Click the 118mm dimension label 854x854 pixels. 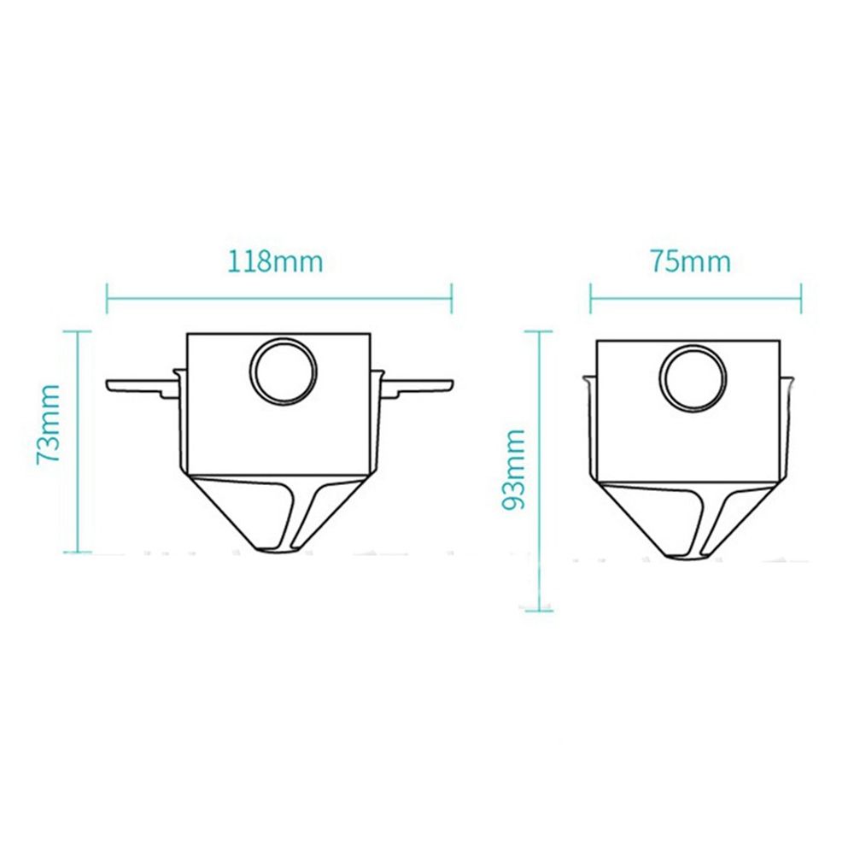[x=275, y=261]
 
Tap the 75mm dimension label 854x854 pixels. [x=691, y=261]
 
